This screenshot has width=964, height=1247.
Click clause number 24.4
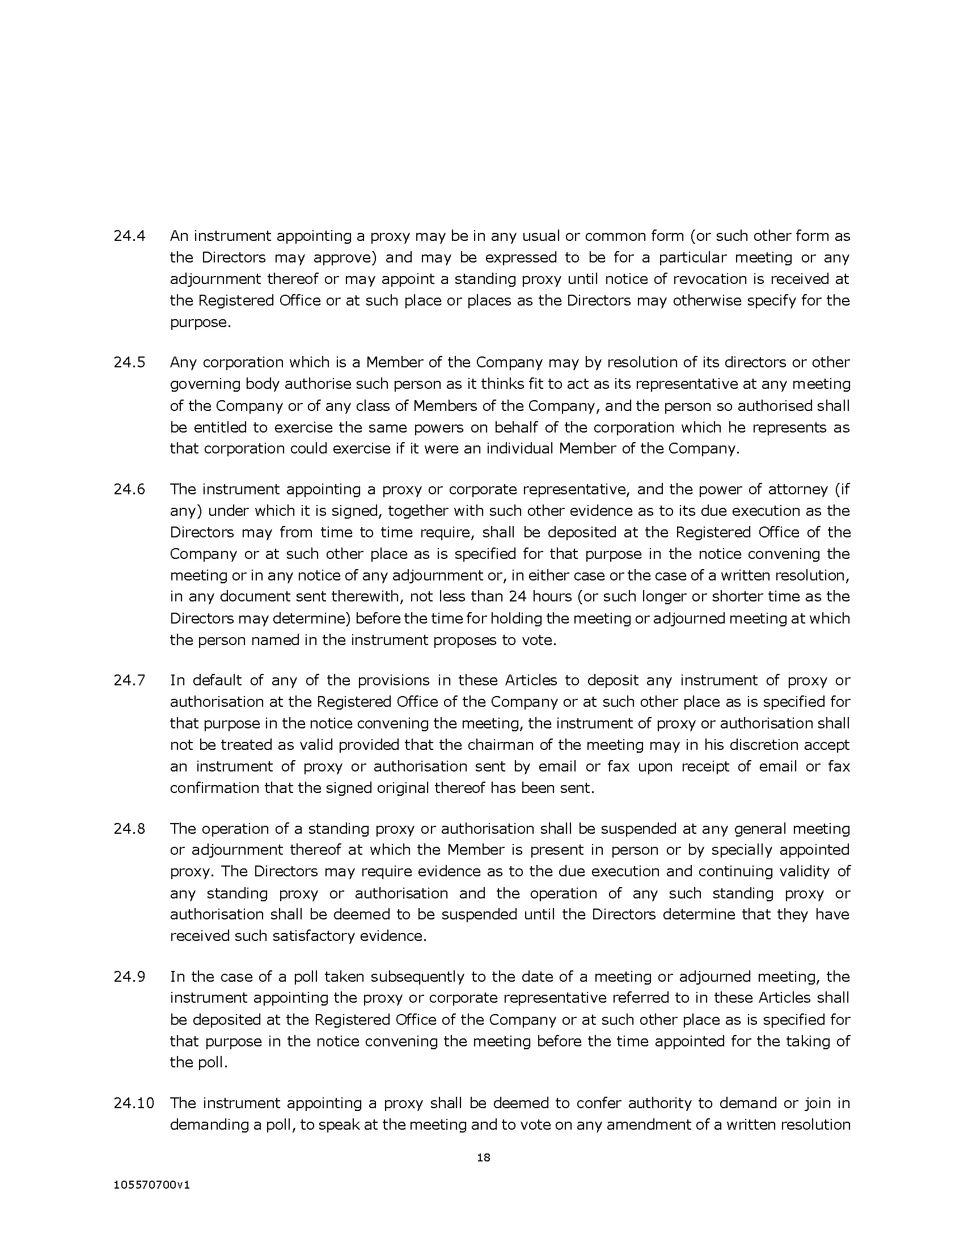click(130, 236)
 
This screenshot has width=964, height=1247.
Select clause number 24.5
click(130, 363)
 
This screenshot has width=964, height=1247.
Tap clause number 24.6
click(130, 489)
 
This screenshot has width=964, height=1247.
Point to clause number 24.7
click(130, 680)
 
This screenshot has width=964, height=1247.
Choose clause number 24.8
click(130, 829)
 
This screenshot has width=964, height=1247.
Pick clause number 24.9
click(130, 977)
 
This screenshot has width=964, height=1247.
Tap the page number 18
click(484, 1158)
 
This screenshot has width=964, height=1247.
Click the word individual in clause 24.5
click(519, 448)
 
